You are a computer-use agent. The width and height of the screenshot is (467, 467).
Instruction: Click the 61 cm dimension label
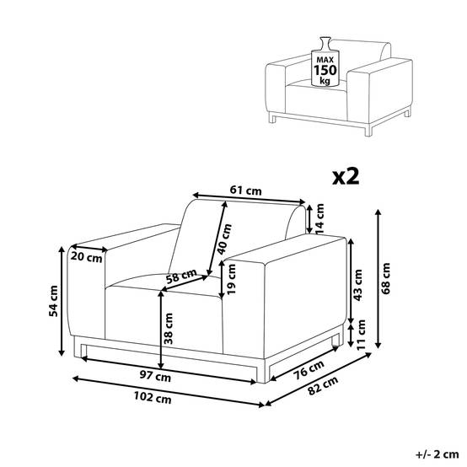click(x=245, y=191)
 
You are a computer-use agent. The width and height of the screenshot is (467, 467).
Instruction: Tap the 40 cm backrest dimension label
click(x=224, y=239)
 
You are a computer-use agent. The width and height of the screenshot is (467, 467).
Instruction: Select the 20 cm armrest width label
click(x=86, y=257)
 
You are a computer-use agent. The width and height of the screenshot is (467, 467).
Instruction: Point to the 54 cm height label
click(x=54, y=301)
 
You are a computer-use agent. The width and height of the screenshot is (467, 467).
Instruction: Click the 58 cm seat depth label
click(x=181, y=276)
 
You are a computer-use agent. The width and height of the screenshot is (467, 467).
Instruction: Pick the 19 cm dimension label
click(x=231, y=279)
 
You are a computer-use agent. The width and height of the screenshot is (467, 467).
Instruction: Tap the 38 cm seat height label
click(x=169, y=329)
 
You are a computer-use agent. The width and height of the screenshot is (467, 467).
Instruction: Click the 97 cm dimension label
click(x=155, y=376)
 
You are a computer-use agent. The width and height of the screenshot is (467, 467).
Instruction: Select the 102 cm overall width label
click(x=153, y=397)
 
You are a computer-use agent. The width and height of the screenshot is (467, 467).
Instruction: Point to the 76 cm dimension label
click(x=309, y=370)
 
